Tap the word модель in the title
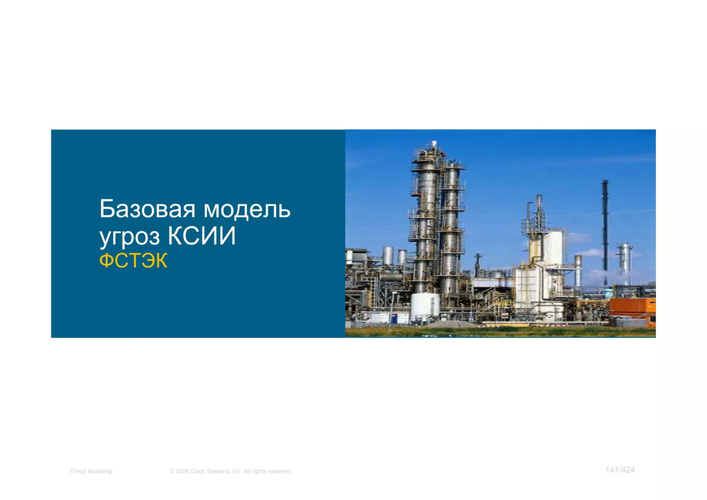pyautogui.click(x=247, y=209)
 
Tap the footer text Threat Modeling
pyautogui.click(x=90, y=471)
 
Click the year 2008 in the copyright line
pyautogui.click(x=182, y=471)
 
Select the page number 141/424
pyautogui.click(x=620, y=470)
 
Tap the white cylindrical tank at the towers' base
pyautogui.click(x=425, y=306)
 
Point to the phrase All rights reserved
pyautogui.click(x=268, y=471)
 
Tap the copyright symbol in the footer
pyautogui.click(x=172, y=471)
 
